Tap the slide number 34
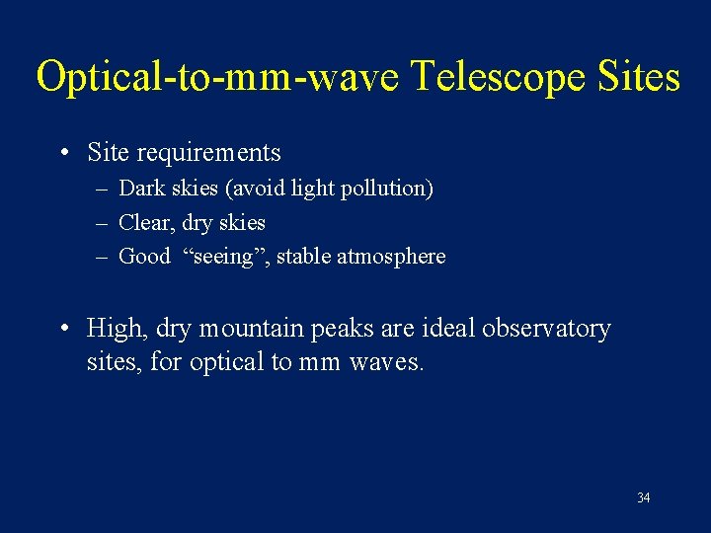[643, 497]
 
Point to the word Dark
[140, 188]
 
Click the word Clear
[144, 222]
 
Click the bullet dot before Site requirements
[63, 154]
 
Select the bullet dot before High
[63, 329]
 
